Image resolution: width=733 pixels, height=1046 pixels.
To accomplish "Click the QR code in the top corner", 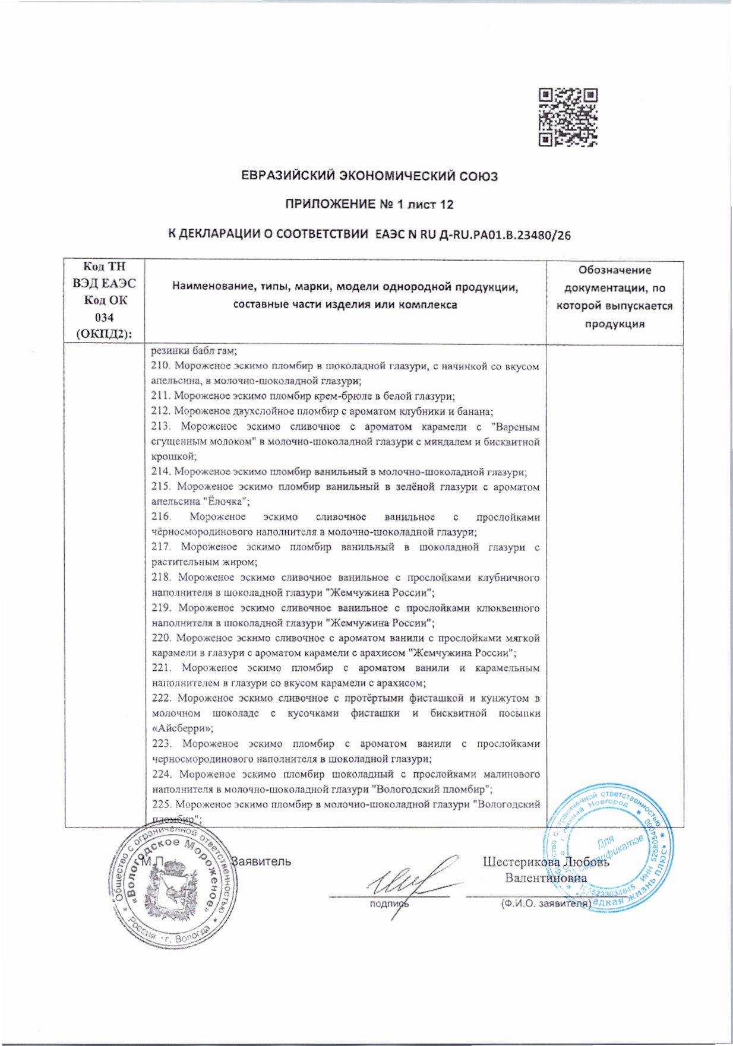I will [x=567, y=117].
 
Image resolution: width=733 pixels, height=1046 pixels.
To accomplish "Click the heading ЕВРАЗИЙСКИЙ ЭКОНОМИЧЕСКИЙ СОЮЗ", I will [x=369, y=176].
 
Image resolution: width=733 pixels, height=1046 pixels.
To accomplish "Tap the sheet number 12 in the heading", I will [x=446, y=205].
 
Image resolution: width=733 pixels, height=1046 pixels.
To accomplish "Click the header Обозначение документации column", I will [x=614, y=297].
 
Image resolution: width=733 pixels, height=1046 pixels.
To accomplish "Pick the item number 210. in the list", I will [x=161, y=366].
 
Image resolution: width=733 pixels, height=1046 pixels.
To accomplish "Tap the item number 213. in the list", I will [x=161, y=427].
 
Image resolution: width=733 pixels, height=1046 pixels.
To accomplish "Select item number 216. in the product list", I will [x=161, y=517].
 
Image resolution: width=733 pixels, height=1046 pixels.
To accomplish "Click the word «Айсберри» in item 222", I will [x=182, y=728].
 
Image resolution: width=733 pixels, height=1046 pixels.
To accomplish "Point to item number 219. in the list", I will [x=161, y=608].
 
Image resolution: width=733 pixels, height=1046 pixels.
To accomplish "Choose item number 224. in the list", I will [x=162, y=774].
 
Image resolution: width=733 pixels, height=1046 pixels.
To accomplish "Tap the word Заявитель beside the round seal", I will [x=261, y=861].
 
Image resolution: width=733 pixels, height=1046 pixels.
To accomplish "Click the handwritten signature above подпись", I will [x=410, y=883].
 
